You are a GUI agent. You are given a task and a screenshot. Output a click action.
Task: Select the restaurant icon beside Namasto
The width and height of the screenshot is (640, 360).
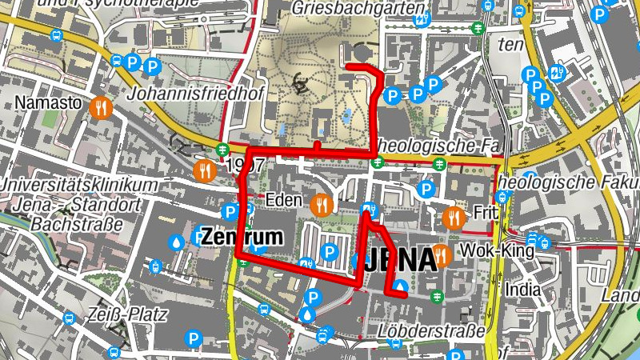[100, 106]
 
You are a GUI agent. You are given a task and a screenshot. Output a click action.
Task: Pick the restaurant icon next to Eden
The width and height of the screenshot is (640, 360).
[323, 204]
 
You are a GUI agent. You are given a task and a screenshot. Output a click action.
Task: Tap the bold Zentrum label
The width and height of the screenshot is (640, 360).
[242, 238]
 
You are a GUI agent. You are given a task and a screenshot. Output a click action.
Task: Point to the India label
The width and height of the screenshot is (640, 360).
[523, 289]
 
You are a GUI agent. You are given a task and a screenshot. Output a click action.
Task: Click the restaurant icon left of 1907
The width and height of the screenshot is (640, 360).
[205, 170]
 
